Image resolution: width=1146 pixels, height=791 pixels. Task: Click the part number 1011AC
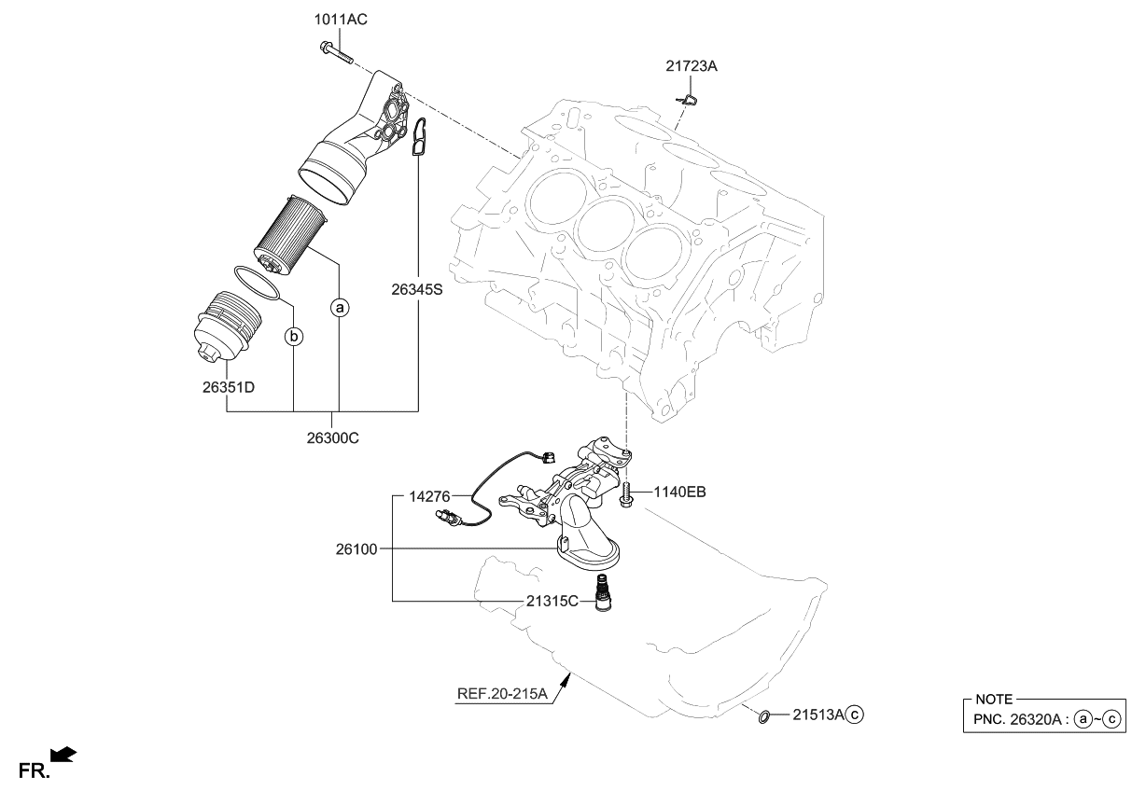[x=334, y=20]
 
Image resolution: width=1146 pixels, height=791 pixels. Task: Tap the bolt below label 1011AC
[x=334, y=51]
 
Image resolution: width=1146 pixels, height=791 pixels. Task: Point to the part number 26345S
[x=416, y=290]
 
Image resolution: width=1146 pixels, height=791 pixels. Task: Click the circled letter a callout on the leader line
[x=340, y=306]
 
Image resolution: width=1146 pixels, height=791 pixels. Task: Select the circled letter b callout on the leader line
[x=294, y=336]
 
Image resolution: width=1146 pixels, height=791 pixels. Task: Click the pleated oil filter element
[x=290, y=233]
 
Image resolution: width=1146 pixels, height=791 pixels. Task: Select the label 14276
[x=429, y=496]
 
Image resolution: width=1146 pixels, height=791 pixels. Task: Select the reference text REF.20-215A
[x=501, y=693]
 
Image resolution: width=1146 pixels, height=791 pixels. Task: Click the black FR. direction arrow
[x=63, y=756]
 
